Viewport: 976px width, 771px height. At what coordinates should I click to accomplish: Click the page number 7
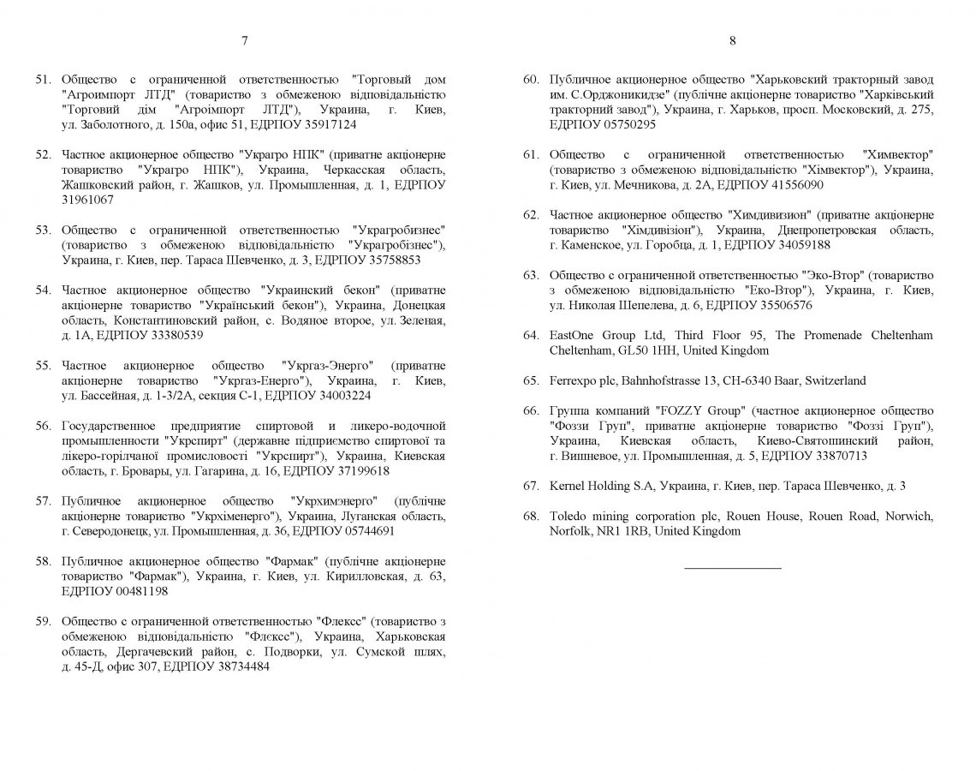(245, 40)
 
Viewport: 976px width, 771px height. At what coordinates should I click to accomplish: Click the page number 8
(733, 40)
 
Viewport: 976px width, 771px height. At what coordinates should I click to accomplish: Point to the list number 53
(44, 230)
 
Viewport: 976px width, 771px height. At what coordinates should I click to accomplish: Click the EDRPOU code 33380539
(176, 335)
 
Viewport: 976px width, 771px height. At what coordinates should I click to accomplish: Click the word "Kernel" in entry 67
(566, 486)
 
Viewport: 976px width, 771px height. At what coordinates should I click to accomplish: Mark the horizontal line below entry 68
(733, 567)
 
